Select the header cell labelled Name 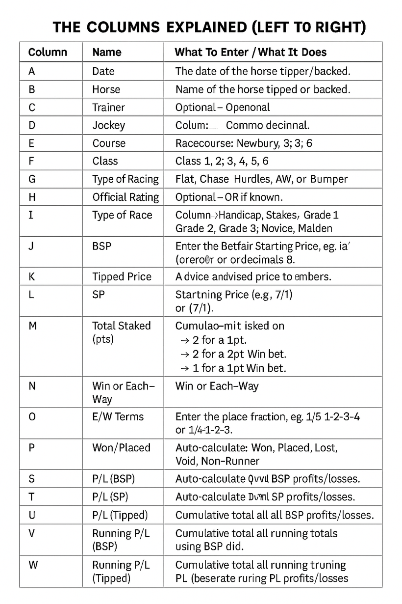107,52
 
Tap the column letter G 32,179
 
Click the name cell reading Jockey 109,125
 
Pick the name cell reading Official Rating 126,197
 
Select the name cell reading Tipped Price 122,276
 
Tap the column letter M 33,326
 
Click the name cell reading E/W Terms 118,417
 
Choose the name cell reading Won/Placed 122,448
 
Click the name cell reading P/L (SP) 110,497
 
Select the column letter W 33,565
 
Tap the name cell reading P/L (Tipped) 120,515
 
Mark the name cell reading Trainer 109,108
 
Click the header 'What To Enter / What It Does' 251,52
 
